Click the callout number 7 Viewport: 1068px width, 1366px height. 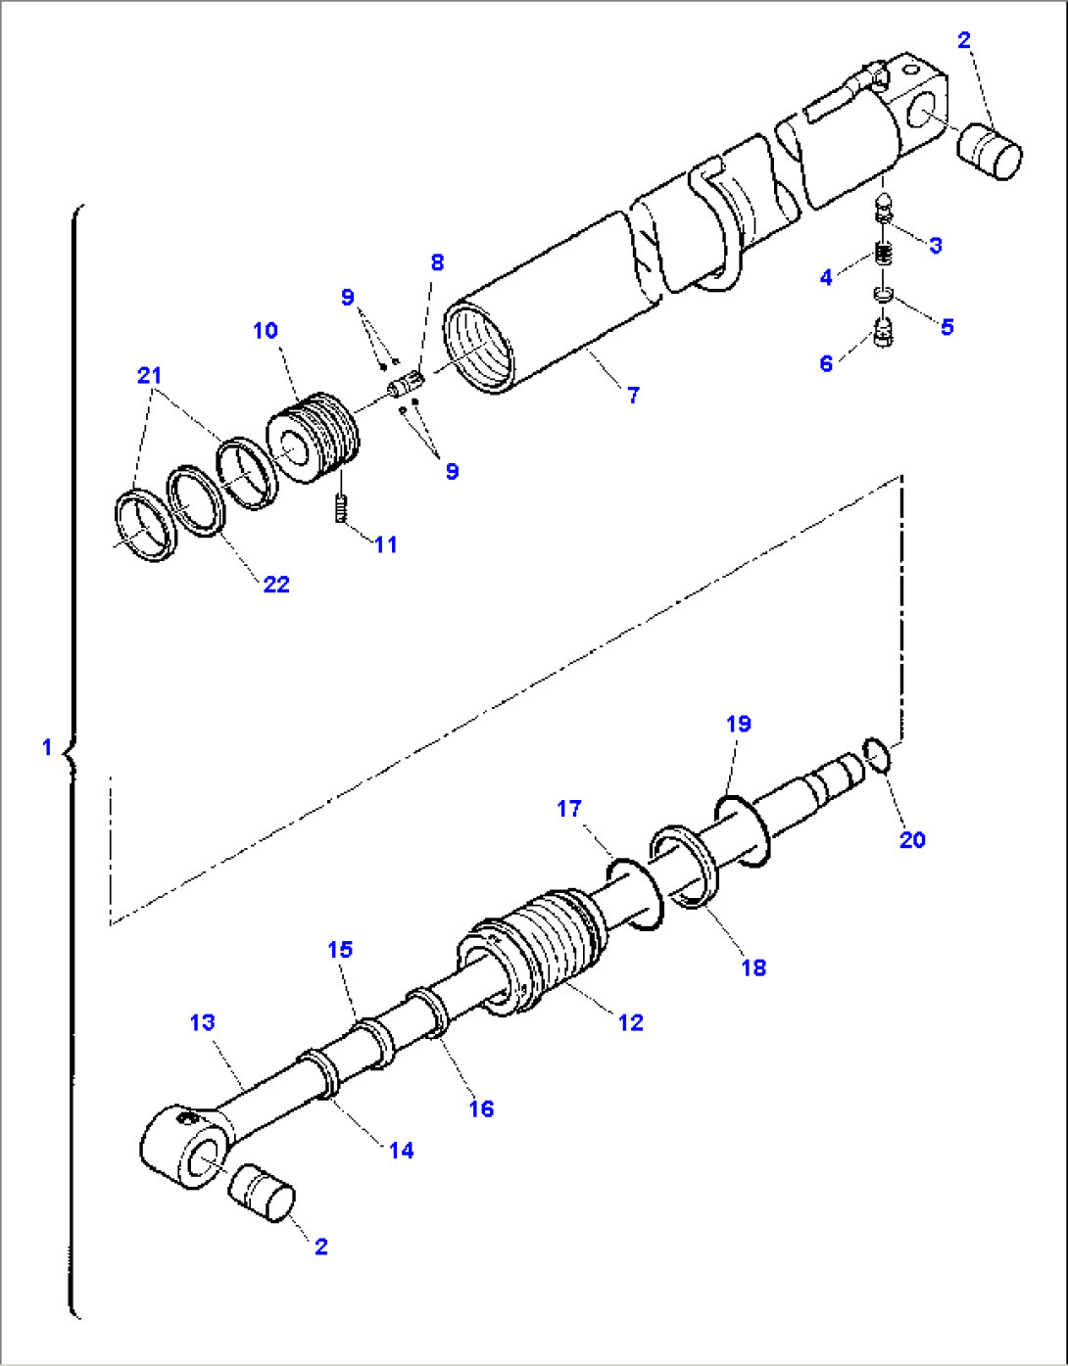click(633, 395)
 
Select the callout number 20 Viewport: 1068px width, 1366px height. click(911, 839)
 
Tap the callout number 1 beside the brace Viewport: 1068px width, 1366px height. click(46, 747)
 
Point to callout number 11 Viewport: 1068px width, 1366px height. click(386, 544)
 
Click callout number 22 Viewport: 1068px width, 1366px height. click(276, 584)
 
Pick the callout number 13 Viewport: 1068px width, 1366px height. click(202, 1022)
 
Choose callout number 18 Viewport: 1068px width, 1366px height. click(752, 967)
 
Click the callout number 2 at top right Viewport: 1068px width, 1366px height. click(964, 40)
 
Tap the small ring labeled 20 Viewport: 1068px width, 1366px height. click(877, 755)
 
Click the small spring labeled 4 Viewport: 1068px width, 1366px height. click(884, 258)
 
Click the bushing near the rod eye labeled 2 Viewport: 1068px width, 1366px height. click(262, 1193)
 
